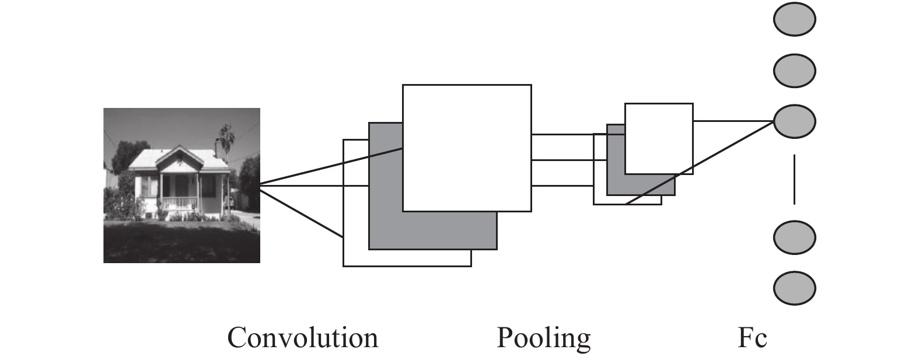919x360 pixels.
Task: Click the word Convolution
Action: [303, 338]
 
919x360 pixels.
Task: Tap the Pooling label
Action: [544, 339]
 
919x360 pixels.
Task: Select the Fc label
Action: [752, 338]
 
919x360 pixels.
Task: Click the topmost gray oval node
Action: [794, 19]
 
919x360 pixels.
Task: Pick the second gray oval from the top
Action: [794, 71]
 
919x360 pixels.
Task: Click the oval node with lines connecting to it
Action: [794, 121]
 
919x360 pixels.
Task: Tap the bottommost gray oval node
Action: [794, 288]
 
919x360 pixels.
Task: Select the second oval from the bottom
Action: [794, 237]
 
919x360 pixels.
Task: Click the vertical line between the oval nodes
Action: [794, 179]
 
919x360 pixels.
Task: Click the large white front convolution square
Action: [467, 148]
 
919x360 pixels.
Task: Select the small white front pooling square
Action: [659, 139]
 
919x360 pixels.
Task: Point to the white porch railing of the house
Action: [180, 202]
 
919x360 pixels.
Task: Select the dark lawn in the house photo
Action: [181, 242]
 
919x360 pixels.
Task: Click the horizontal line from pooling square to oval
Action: [733, 121]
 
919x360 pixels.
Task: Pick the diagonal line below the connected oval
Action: [699, 163]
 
